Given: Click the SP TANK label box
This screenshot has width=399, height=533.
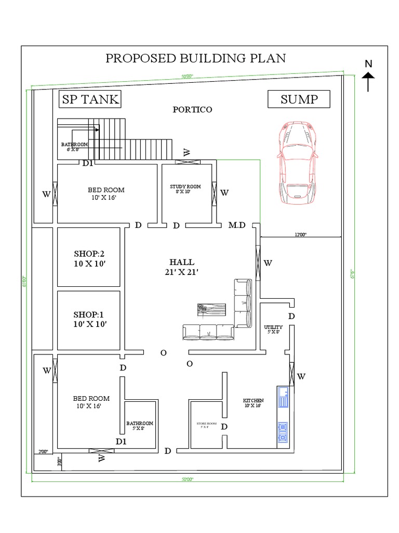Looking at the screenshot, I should pyautogui.click(x=89, y=99).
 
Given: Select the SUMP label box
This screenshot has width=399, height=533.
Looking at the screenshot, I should pyautogui.click(x=299, y=99).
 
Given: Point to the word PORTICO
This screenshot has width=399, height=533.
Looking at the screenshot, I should pyautogui.click(x=193, y=110).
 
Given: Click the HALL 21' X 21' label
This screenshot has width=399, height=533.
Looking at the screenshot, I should pyautogui.click(x=181, y=266).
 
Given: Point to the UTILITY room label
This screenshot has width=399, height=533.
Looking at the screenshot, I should pyautogui.click(x=273, y=328).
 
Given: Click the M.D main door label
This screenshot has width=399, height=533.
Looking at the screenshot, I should pyautogui.click(x=237, y=225).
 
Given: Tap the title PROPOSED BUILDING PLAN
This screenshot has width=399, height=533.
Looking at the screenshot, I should pyautogui.click(x=195, y=58).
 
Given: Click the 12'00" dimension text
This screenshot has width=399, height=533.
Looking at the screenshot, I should pyautogui.click(x=300, y=235).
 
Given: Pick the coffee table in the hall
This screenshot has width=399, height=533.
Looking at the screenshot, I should pyautogui.click(x=212, y=309).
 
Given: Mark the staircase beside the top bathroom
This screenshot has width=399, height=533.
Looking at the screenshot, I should pyautogui.click(x=130, y=138).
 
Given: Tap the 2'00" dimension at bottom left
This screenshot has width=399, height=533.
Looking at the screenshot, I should pyautogui.click(x=43, y=451).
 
